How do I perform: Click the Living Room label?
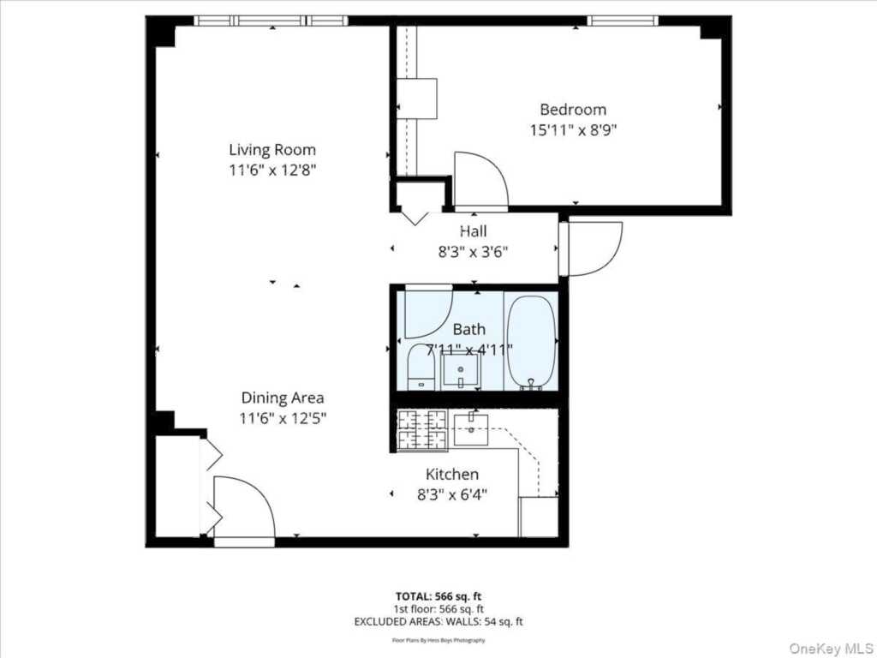(271, 150)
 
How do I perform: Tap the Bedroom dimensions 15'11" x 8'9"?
(573, 130)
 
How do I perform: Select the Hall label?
(473, 231)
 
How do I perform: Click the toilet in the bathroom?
(421, 369)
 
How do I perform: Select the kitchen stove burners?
(422, 430)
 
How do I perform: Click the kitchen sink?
(470, 429)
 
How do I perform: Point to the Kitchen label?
(452, 474)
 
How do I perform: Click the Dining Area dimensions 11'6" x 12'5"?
(283, 418)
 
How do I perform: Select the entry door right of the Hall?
(593, 248)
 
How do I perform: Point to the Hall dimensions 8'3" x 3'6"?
(473, 252)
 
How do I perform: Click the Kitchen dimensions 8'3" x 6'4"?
(452, 494)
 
